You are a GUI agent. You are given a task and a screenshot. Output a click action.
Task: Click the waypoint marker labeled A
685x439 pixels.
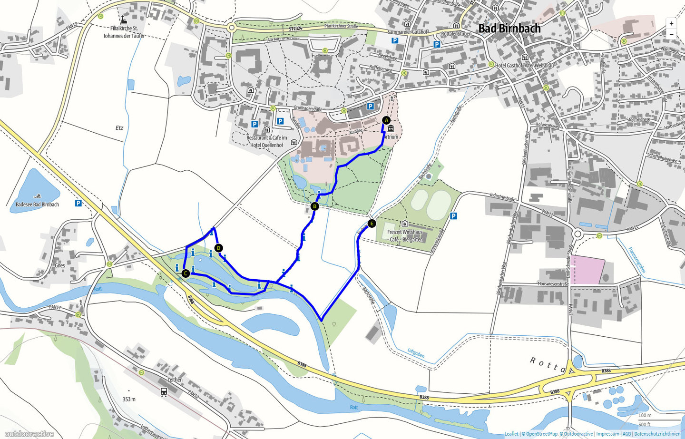point(386,120)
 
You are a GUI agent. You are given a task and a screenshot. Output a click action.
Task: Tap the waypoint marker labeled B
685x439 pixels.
point(314,206)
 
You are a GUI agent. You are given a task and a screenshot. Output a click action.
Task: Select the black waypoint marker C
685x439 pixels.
point(186,273)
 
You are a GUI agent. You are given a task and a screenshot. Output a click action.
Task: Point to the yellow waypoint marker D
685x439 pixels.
point(218,248)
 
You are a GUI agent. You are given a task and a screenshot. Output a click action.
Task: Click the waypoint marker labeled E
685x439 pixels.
point(372,224)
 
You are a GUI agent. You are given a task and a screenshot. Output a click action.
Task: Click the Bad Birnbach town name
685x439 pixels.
point(509,29)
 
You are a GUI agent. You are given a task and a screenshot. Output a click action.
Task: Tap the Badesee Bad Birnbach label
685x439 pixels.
point(37,205)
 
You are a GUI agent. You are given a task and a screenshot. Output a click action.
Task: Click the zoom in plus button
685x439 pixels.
point(671,23)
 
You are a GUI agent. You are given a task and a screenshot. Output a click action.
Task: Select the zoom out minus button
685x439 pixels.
point(671,34)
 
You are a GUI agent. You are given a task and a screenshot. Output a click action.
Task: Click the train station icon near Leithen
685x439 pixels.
point(164,391)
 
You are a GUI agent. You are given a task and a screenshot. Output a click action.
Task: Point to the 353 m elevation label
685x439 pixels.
point(129,399)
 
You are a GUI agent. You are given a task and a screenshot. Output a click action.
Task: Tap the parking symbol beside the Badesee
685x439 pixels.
point(78,203)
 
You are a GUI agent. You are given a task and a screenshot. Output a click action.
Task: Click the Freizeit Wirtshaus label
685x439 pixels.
point(405,232)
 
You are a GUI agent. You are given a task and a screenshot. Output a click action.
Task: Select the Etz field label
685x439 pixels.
point(119,128)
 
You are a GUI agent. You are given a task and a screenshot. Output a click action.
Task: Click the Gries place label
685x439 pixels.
point(60,265)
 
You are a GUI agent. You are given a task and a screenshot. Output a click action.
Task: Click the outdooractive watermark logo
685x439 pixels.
point(29,433)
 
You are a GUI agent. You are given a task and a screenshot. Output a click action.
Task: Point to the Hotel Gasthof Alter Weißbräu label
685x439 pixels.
point(524,65)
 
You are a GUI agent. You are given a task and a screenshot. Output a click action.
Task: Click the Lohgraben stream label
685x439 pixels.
point(416,353)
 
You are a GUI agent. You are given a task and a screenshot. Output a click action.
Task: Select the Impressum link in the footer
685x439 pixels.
point(608,434)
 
